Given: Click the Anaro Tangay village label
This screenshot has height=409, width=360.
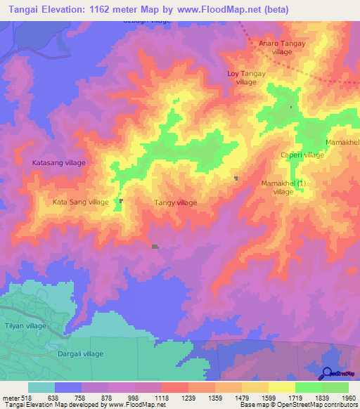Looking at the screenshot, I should click(282, 47).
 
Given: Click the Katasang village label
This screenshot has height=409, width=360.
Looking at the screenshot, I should click(59, 162).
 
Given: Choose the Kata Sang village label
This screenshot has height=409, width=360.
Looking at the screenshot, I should click(81, 202).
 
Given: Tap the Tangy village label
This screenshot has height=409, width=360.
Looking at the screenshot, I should click(175, 202).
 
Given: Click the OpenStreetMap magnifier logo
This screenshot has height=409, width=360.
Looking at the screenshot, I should click(328, 375).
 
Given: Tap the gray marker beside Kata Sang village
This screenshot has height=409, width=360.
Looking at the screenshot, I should click(122, 200).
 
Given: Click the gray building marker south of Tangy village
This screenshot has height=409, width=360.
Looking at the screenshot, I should click(155, 247).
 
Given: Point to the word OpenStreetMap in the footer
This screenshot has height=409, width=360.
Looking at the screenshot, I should click(290, 405).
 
